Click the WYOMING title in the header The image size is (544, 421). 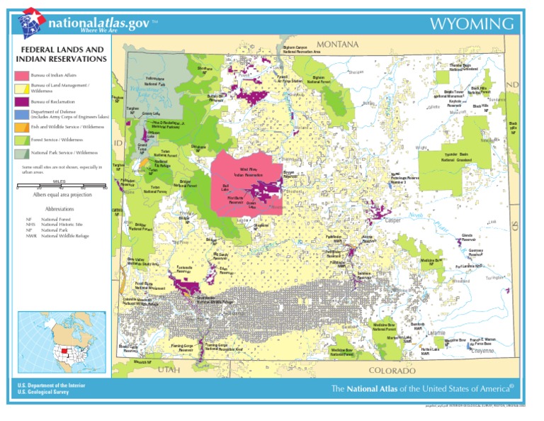tap(471, 24)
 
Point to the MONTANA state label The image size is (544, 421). tap(337, 45)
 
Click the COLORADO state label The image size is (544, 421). tap(392, 371)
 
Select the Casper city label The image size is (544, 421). tap(392, 220)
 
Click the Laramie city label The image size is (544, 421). tap(436, 332)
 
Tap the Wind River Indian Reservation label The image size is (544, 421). tap(248, 172)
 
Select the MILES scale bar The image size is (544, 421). tap(60, 187)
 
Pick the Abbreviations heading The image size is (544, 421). tap(60, 210)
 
